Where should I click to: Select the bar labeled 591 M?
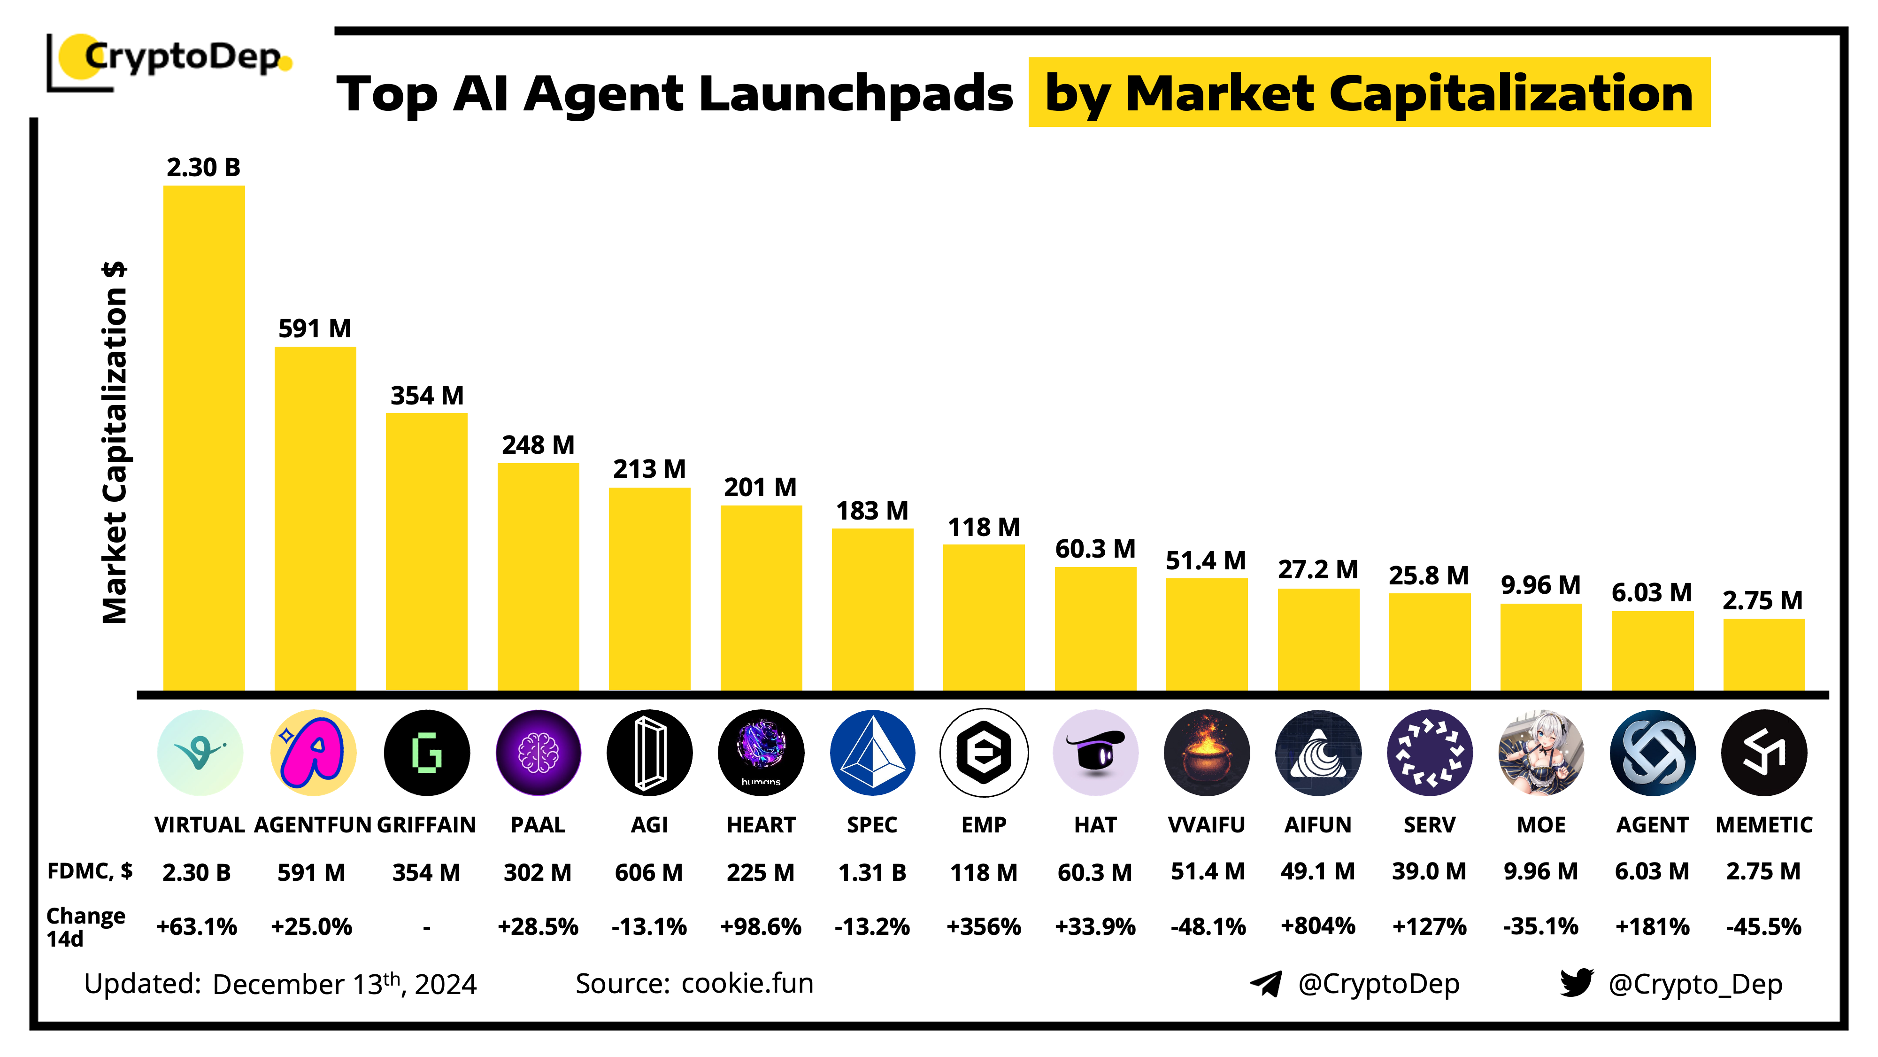click(315, 518)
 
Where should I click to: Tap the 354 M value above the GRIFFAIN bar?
click(426, 396)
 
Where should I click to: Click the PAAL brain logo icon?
click(538, 752)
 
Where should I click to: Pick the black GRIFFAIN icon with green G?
click(426, 752)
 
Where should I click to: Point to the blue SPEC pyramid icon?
click(872, 752)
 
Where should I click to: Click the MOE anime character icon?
click(1540, 752)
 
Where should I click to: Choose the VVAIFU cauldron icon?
click(1207, 752)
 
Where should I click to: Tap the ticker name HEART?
click(761, 824)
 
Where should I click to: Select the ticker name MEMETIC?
click(1763, 824)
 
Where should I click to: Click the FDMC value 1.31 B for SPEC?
click(872, 872)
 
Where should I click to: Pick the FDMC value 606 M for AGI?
click(649, 872)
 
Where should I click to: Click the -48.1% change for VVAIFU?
click(1207, 926)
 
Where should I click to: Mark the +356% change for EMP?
click(984, 926)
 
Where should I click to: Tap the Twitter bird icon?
click(1576, 983)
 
